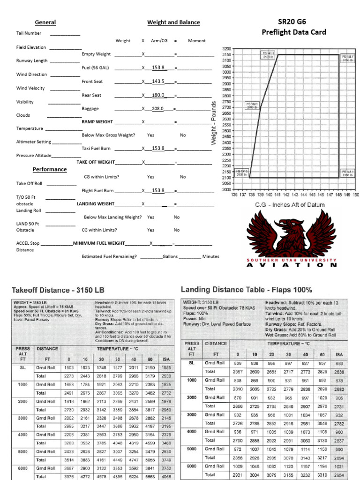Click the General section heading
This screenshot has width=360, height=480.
click(45, 22)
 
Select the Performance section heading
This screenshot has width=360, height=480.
click(49, 169)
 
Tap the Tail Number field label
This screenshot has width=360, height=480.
click(29, 33)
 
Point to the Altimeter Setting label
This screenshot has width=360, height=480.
click(34, 142)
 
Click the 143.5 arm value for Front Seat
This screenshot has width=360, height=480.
click(158, 82)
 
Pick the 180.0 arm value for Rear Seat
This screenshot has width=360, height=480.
click(158, 95)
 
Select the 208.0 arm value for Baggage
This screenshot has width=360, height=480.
click(158, 109)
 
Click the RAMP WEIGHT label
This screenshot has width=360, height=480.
click(97, 122)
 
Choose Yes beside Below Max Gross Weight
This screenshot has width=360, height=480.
click(150, 135)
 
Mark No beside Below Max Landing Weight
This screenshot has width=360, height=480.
click(177, 217)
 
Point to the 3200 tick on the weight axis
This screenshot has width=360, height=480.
click(226, 49)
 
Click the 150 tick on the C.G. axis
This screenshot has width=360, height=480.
click(356, 194)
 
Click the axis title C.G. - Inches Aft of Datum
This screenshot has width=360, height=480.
click(289, 205)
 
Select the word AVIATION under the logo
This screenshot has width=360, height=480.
click(292, 265)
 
